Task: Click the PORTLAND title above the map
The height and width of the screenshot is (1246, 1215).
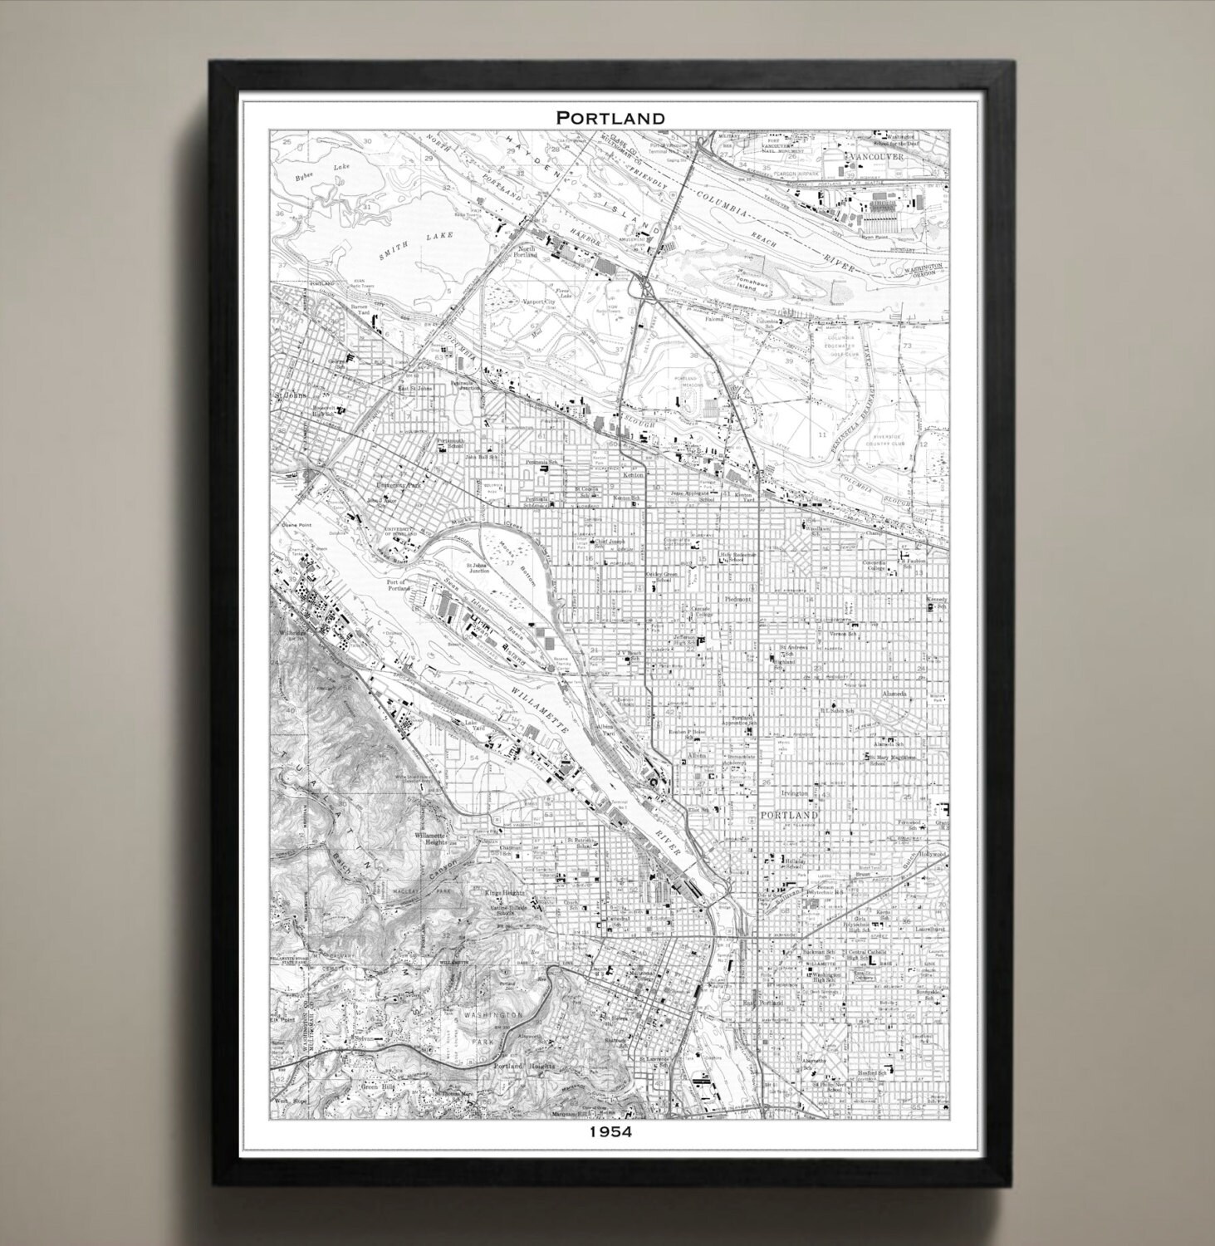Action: [610, 118]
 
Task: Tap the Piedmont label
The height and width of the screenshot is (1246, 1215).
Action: [737, 598]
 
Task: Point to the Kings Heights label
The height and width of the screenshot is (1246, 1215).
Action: [506, 892]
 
